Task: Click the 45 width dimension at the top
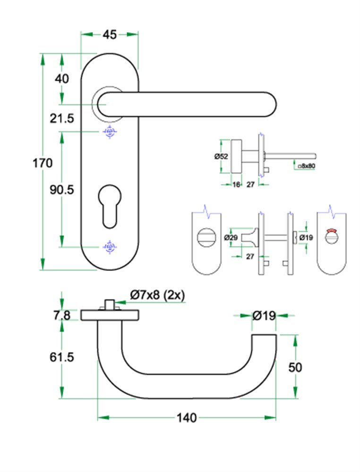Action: click(x=110, y=34)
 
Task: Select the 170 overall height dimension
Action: click(x=43, y=163)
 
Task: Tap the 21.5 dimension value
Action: click(x=62, y=118)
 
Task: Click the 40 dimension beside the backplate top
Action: click(x=62, y=78)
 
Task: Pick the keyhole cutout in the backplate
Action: click(x=110, y=205)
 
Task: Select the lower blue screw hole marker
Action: click(x=110, y=247)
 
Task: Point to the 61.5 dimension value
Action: click(x=62, y=357)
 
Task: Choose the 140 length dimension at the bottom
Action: click(x=187, y=418)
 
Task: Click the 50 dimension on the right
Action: click(x=295, y=367)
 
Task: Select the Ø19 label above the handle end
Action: click(x=264, y=316)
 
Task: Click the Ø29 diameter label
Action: click(x=231, y=237)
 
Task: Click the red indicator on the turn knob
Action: click(x=333, y=232)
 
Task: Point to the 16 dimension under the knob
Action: click(x=236, y=185)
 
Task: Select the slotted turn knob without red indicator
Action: click(x=206, y=235)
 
